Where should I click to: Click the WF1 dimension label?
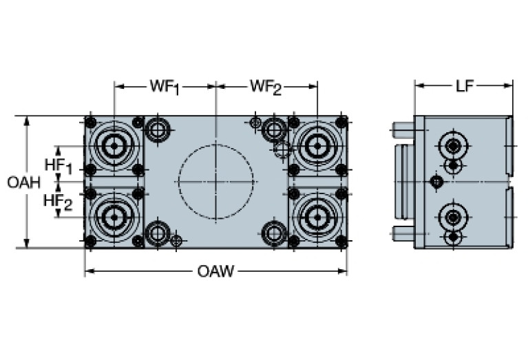coord(165,87)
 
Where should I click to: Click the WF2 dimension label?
coord(266,87)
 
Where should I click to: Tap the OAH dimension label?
coord(23,182)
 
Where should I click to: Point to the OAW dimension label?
coord(215,271)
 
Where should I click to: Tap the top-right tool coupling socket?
coord(317,146)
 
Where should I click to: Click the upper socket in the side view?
coord(453,146)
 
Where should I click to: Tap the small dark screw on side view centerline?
coord(435,182)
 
